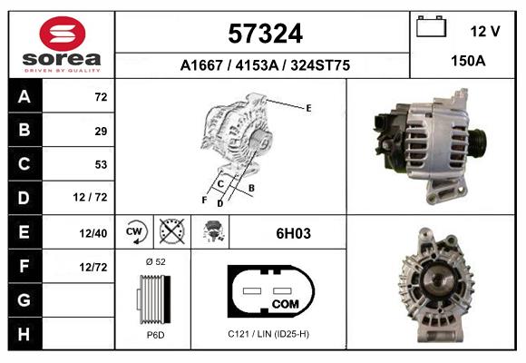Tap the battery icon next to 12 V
pyautogui.click(x=429, y=28)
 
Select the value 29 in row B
pyautogui.click(x=100, y=132)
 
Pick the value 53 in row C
pyautogui.click(x=100, y=164)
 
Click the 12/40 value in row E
pyautogui.click(x=93, y=233)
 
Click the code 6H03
pyautogui.click(x=293, y=233)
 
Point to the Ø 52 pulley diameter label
pyautogui.click(x=155, y=261)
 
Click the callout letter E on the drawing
pyautogui.click(x=308, y=108)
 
